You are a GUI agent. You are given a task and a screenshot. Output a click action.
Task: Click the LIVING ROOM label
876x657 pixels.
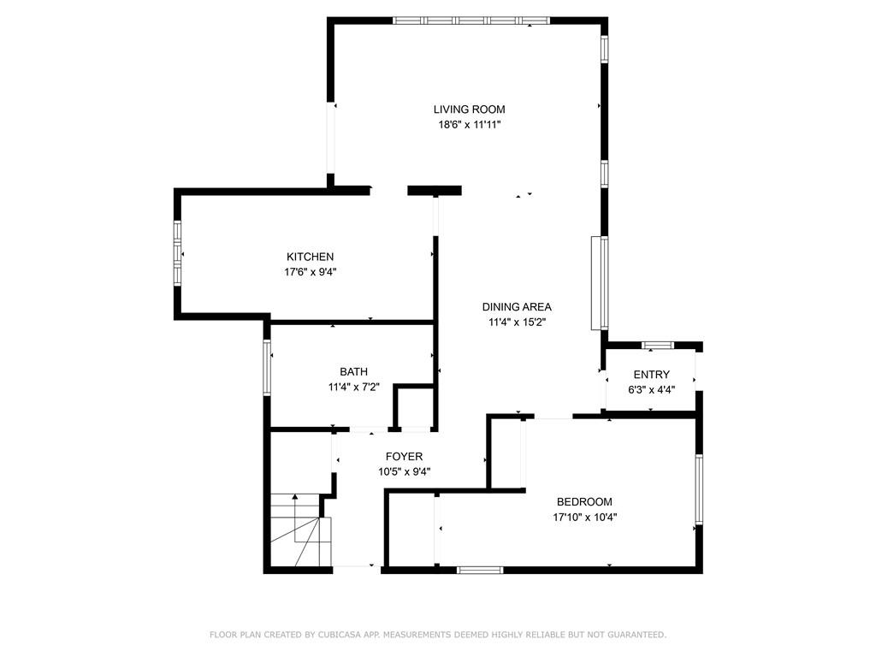click(470, 109)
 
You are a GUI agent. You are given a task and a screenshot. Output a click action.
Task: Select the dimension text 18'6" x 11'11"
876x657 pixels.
click(470, 125)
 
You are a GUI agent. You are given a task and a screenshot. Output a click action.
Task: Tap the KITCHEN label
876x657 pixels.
click(310, 257)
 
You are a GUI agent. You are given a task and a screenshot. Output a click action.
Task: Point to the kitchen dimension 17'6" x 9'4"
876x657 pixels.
click(310, 272)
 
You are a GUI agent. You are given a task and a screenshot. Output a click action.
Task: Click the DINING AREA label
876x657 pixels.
click(517, 307)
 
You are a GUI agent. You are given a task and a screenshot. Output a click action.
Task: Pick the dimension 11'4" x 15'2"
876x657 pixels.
click(517, 322)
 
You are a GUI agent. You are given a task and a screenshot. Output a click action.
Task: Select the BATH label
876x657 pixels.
click(353, 371)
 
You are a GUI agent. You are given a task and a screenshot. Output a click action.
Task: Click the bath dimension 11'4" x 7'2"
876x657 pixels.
click(353, 387)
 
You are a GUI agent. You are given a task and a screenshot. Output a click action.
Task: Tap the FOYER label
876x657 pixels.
click(404, 457)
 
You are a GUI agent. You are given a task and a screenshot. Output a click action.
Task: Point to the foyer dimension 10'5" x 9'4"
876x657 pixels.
click(404, 471)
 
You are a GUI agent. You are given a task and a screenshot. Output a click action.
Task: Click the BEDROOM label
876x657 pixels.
click(584, 501)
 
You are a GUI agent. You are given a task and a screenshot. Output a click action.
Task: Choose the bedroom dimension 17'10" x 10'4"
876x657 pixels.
click(584, 518)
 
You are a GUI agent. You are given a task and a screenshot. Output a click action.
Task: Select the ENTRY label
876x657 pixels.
click(651, 375)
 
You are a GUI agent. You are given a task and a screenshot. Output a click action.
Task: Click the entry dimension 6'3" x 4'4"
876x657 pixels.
click(651, 390)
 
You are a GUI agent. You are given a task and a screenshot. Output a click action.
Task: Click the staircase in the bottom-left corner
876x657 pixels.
click(300, 530)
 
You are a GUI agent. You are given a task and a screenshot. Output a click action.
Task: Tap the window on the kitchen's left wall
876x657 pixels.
click(178, 253)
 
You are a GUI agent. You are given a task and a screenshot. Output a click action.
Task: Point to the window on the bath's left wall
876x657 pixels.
click(267, 368)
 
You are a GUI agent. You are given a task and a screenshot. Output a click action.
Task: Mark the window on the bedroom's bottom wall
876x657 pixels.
click(480, 570)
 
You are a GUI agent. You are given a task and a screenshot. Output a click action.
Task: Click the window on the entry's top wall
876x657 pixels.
click(658, 346)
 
